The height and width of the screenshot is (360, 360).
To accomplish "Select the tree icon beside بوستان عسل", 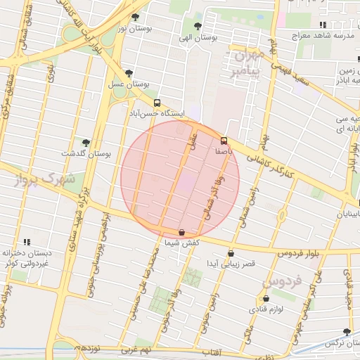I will click(129, 72).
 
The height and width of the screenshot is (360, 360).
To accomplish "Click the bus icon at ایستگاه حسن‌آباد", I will click(156, 102).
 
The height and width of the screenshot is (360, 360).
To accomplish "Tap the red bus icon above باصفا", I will click(224, 140).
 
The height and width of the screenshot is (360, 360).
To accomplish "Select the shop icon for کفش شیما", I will click(181, 232).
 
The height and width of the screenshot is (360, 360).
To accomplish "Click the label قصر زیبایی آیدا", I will click(231, 263).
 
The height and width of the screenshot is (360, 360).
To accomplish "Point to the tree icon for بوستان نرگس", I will click(346, 332).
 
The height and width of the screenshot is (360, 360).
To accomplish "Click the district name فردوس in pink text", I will click(282, 281).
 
